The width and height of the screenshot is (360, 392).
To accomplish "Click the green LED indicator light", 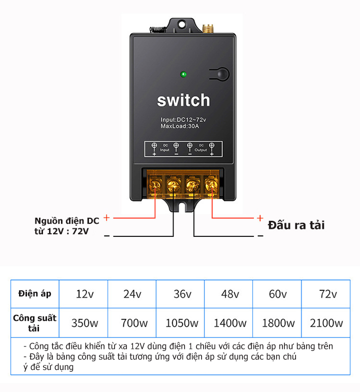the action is point(183,74).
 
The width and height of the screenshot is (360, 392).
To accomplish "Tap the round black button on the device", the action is point(222,74).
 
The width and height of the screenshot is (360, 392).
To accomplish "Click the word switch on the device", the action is point(183,100).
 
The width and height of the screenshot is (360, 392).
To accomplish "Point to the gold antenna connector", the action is point(208,29).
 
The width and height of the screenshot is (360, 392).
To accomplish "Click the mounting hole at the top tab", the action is point(181,25).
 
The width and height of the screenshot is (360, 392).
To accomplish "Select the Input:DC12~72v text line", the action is point(183,120).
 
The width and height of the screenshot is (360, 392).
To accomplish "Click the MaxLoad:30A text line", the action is point(180,126).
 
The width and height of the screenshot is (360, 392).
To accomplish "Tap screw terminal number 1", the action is point(155,185).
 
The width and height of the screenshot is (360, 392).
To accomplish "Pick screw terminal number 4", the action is point(211,185).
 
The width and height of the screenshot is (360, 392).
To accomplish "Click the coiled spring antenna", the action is point(158,30).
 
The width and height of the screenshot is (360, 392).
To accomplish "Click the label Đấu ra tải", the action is point(296,225).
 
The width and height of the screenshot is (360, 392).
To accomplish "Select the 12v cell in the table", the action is point(84,294).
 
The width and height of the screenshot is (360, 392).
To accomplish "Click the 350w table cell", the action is point(84,323).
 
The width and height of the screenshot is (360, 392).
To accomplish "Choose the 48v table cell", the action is point(230,294).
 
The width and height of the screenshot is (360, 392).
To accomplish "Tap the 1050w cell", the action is point(181,323).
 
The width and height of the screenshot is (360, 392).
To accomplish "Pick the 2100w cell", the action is point(326,323).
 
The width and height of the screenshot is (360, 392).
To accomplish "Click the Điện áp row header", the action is point(34,293).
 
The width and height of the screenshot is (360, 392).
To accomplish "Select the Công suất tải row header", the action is point(34,323).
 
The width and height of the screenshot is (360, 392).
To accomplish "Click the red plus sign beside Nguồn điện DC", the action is point(106,217).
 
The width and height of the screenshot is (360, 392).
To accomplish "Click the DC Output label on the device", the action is point(200,148).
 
